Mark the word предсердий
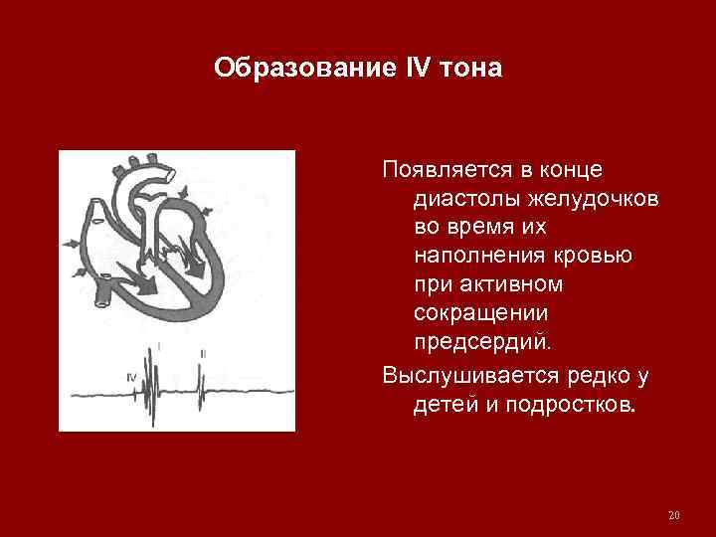[x=480, y=342]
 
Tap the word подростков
[x=566, y=406]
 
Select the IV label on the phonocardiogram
[x=132, y=377]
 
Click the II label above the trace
[x=203, y=354]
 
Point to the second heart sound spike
[x=200, y=382]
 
